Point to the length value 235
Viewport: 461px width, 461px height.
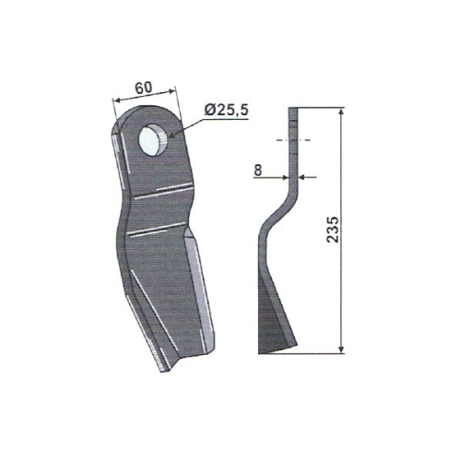click(x=333, y=230)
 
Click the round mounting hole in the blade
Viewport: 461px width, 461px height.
click(x=152, y=140)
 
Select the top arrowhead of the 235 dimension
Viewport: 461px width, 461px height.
click(x=343, y=112)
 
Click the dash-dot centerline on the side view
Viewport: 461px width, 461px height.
click(x=293, y=140)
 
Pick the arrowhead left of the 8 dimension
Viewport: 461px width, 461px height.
click(x=282, y=178)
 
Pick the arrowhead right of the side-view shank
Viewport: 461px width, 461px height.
click(x=303, y=178)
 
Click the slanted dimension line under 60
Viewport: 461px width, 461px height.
click(x=142, y=97)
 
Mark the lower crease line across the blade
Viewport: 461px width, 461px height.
click(x=157, y=233)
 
